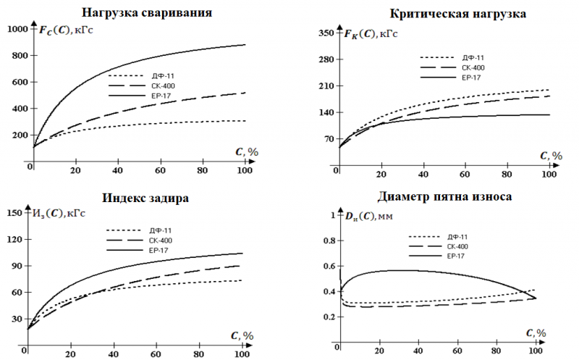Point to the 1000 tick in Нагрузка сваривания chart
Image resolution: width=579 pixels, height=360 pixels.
click(17, 29)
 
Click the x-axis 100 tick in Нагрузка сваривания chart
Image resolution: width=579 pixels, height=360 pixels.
click(245, 171)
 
